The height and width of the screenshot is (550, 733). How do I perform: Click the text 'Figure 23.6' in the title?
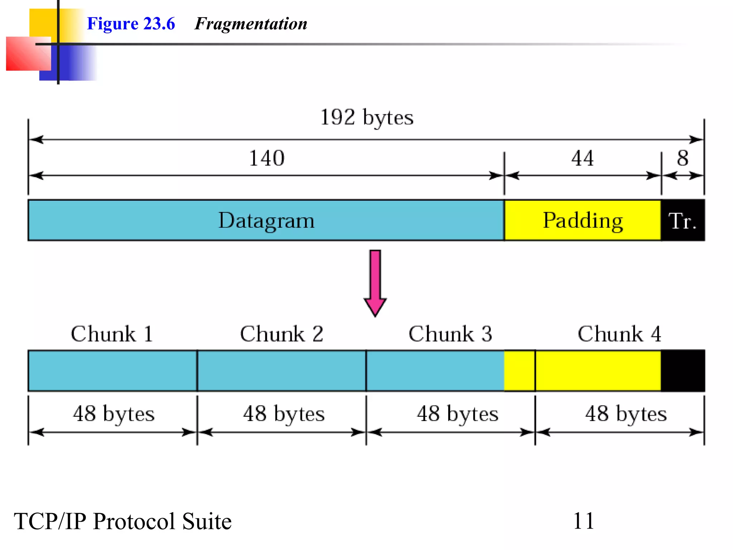[131, 24]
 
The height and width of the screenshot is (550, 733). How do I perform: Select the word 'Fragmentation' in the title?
[251, 24]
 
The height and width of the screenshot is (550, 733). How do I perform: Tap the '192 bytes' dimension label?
[366, 117]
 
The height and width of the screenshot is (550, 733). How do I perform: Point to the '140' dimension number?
[267, 158]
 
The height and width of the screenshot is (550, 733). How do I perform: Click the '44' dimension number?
[582, 158]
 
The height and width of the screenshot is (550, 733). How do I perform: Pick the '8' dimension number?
[683, 158]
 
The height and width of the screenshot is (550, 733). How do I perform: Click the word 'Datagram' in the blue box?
[266, 220]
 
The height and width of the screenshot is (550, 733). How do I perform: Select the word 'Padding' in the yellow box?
[583, 220]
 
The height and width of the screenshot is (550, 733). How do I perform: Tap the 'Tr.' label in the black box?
[682, 221]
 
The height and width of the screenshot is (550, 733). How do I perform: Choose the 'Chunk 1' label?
[112, 334]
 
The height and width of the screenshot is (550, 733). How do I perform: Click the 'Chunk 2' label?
[281, 334]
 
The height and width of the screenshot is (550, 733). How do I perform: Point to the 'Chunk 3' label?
[450, 334]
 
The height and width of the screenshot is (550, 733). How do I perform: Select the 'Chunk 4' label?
[619, 334]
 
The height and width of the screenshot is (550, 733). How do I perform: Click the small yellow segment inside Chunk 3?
[519, 371]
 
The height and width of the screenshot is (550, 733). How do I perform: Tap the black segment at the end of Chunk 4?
[683, 371]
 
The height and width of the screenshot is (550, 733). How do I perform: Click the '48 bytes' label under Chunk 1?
[113, 414]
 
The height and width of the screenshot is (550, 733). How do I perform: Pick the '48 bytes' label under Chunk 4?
[626, 414]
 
